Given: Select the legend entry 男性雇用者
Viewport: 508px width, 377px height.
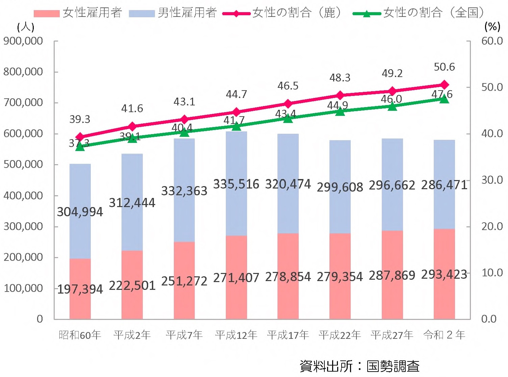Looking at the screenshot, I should (x=173, y=13).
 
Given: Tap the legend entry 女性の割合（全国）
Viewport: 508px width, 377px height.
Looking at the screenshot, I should (x=419, y=13).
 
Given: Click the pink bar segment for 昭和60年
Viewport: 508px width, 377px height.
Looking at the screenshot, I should (x=80, y=304).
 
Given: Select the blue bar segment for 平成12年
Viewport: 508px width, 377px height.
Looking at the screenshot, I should (x=236, y=159).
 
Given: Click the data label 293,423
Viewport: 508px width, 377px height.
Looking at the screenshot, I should (x=444, y=274).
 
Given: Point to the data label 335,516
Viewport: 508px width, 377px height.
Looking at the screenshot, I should (x=236, y=184).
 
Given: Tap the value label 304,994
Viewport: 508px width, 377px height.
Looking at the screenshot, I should (x=80, y=212).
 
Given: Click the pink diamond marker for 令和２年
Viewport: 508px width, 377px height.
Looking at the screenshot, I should (x=445, y=84).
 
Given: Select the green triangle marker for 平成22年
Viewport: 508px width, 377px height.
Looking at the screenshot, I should (x=340, y=111).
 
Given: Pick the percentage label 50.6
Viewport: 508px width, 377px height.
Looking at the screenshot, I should (x=444, y=67).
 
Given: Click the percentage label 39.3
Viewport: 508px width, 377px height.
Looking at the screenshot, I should (x=80, y=119).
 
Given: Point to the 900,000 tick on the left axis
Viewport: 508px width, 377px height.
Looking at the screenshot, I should (x=23, y=41).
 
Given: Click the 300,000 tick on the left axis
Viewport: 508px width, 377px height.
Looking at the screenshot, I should (x=23, y=226).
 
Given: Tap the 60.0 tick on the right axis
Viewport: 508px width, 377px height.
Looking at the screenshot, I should (x=492, y=41).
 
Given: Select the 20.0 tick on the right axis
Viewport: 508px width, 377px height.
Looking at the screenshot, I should (x=492, y=226).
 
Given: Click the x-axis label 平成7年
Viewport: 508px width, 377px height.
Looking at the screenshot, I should (x=184, y=335).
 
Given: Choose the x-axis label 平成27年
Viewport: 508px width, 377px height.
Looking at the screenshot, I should (x=392, y=335).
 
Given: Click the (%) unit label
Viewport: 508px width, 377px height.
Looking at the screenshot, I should (x=492, y=26).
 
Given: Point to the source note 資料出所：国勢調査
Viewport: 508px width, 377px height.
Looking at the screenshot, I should (x=359, y=366).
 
